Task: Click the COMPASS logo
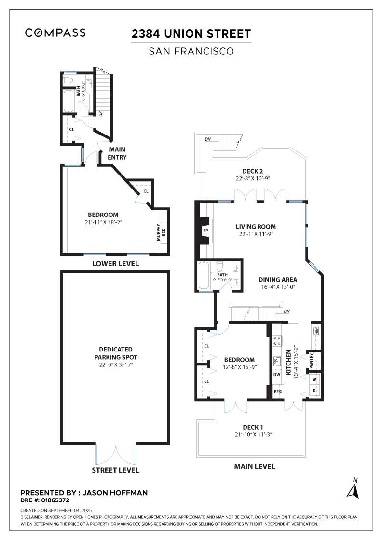coord(55,33)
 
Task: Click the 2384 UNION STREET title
coord(191,34)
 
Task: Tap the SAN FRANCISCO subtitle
coord(191,51)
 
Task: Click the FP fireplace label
coord(205,231)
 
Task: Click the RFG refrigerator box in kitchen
coord(277,392)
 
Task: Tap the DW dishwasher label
coord(277,374)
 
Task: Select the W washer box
coord(314,379)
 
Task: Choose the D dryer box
coord(314,390)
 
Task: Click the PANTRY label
coord(311,361)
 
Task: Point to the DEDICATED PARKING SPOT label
coord(115,353)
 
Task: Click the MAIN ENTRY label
coord(117,154)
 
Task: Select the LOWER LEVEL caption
coord(115,264)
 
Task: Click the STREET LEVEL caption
coord(115,470)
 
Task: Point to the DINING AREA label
coord(277,279)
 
